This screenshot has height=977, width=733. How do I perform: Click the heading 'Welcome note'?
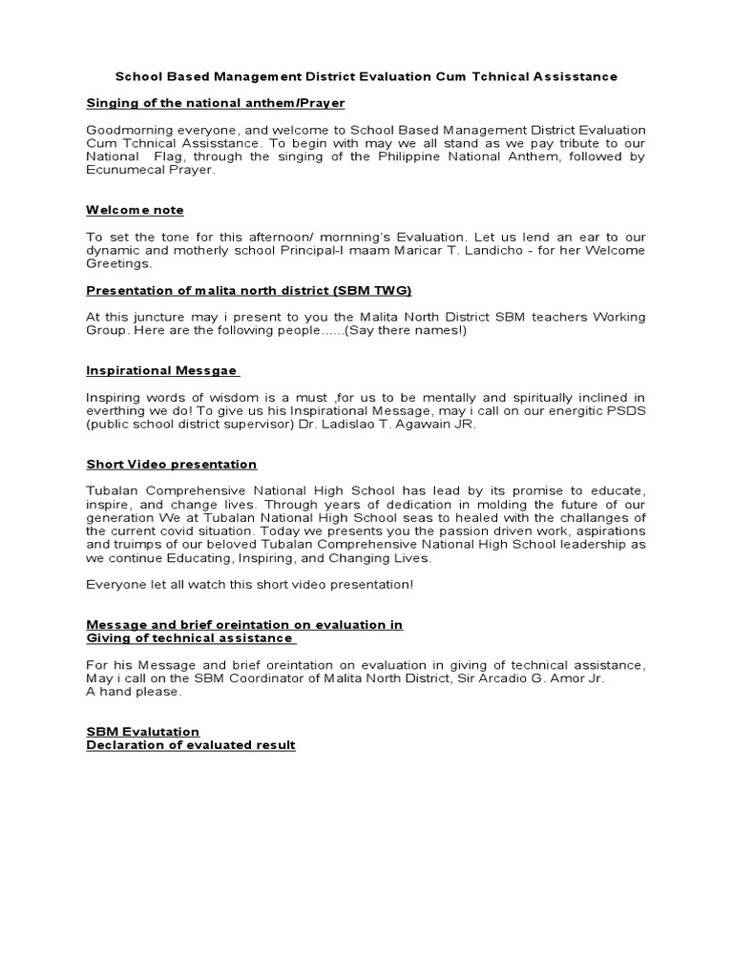point(135,210)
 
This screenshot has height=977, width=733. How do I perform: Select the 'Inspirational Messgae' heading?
point(162,370)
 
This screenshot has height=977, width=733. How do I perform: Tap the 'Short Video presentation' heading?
point(172,464)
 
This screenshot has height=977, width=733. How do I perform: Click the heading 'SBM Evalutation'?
point(142,732)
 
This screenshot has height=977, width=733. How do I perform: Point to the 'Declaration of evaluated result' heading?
point(191,744)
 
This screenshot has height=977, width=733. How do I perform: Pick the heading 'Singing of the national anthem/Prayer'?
point(216,102)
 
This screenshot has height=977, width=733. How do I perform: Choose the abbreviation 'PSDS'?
point(627,410)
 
